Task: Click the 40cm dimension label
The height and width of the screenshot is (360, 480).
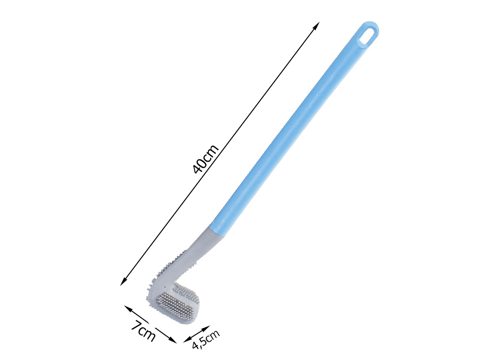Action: tap(206, 159)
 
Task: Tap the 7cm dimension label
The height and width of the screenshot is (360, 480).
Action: tap(144, 330)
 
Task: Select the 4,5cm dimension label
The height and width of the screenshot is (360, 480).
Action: tap(206, 339)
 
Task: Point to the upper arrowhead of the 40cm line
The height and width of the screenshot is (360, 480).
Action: tap(317, 24)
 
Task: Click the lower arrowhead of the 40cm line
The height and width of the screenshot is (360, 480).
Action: tap(123, 282)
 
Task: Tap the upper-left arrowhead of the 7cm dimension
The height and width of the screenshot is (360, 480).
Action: tap(127, 308)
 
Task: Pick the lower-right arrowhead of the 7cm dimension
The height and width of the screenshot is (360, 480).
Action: tap(173, 340)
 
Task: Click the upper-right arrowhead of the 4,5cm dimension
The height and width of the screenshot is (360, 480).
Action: tap(206, 328)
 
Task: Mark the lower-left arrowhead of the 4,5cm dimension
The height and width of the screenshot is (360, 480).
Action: tap(187, 339)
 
